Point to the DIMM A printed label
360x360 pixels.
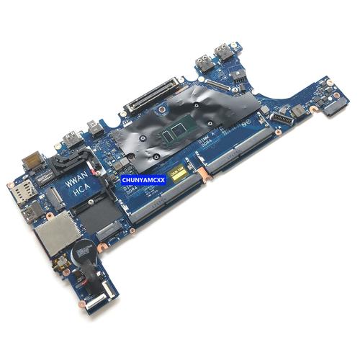point(210,143)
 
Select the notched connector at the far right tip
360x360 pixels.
point(333,107)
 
